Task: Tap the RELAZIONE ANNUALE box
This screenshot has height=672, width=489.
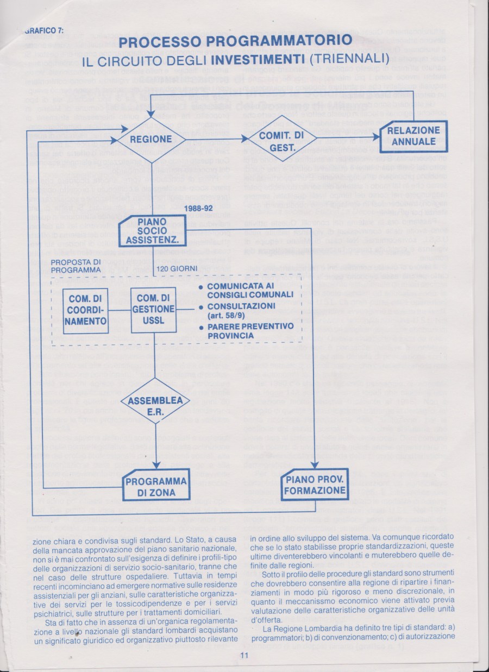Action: click(414, 135)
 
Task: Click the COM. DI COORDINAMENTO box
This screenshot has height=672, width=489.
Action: click(86, 310)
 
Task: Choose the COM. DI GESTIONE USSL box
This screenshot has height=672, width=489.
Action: click(154, 310)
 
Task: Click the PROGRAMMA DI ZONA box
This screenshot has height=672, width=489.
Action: click(156, 485)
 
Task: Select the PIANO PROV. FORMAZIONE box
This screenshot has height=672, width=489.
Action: click(316, 485)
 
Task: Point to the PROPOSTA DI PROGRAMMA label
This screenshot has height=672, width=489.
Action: click(76, 266)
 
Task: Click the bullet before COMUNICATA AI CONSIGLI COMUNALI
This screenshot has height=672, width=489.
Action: click(201, 287)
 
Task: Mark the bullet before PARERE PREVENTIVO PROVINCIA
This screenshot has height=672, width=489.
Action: click(201, 328)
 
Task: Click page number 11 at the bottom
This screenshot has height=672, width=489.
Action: click(244, 655)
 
